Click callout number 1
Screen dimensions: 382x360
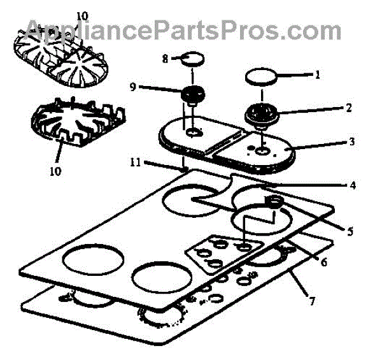pos(316,75)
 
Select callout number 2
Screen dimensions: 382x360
pos(348,108)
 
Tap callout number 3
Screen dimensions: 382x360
pos(352,141)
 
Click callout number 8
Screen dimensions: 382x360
pos(164,59)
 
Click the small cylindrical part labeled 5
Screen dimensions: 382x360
pos(275,204)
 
